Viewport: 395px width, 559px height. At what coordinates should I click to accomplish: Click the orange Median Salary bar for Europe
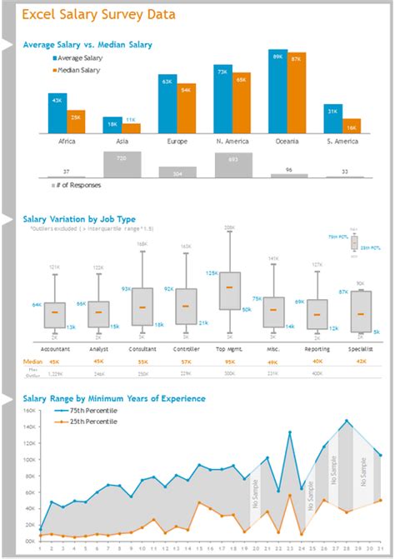(186, 108)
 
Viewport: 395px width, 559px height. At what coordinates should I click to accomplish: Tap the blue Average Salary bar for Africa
(57, 113)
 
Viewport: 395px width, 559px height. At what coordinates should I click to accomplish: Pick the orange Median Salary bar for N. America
(242, 103)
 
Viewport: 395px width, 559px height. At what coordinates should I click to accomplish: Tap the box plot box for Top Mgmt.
(229, 291)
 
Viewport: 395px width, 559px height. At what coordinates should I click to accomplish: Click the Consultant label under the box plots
(142, 348)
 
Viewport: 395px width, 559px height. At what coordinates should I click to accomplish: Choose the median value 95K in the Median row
(229, 362)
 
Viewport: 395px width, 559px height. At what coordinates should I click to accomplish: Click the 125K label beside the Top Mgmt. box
(212, 273)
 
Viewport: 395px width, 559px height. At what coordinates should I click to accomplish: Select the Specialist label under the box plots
(360, 348)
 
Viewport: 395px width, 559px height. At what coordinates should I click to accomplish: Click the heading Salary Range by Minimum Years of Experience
(114, 399)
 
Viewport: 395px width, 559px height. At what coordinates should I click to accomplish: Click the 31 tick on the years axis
(380, 549)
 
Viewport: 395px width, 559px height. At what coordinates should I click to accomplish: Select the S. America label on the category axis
(342, 142)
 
